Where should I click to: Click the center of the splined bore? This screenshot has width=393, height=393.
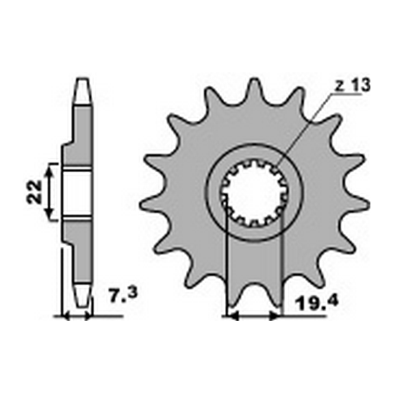[x=254, y=193]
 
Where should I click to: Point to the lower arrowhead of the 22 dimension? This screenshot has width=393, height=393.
[x=53, y=214]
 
